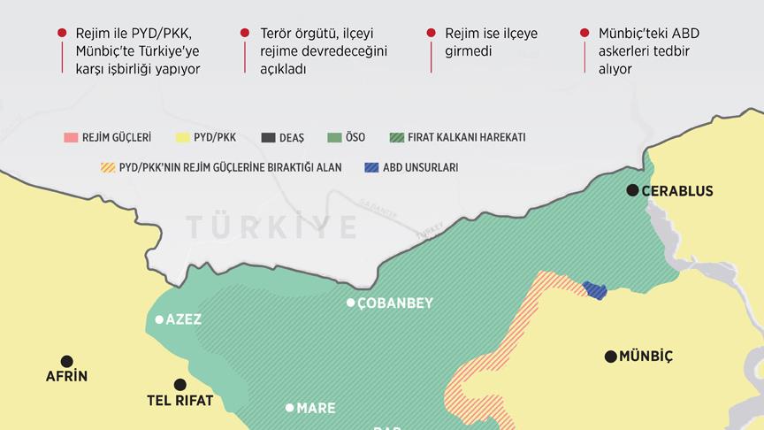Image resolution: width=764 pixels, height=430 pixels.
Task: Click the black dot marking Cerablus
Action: tap(632, 190)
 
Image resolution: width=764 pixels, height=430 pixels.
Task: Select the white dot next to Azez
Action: tap(159, 319)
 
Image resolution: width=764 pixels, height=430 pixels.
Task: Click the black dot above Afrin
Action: tap(66, 361)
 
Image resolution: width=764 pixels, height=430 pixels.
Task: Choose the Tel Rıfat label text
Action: tap(180, 401)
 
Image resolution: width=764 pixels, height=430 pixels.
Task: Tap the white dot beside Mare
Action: tap(289, 408)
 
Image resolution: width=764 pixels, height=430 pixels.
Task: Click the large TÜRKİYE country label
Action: tap(272, 227)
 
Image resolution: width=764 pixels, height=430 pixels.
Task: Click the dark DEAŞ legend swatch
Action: tap(269, 137)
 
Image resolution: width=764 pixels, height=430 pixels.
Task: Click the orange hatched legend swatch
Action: tap(109, 166)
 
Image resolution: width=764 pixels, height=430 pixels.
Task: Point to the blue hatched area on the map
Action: tap(595, 289)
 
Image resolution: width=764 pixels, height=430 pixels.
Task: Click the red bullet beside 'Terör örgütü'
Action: tap(245, 33)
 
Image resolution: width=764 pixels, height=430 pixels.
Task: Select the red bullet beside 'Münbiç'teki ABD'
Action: tap(584, 33)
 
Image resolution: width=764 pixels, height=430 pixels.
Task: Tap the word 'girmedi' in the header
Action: tap(469, 51)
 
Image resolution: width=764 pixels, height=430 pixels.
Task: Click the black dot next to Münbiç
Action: tap(610, 357)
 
